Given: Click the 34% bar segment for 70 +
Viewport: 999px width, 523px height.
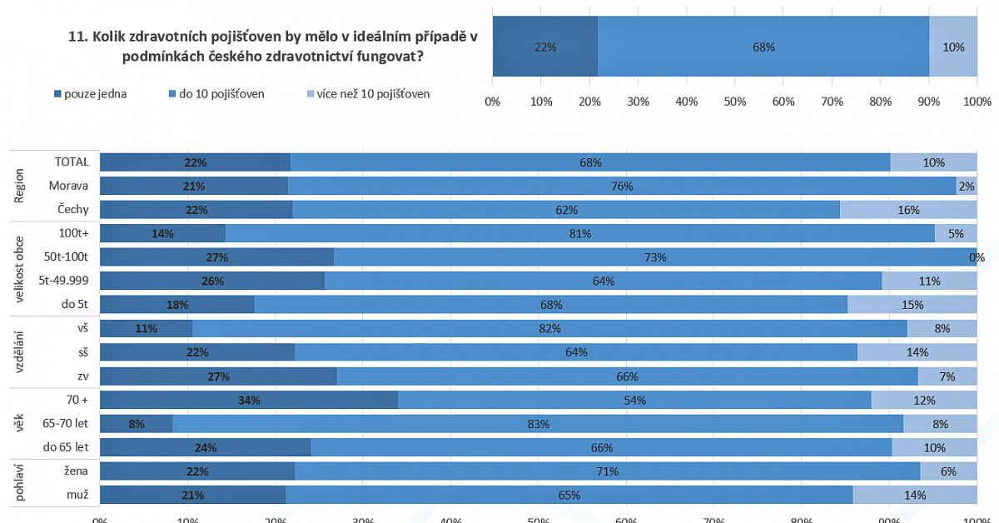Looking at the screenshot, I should click(x=249, y=400).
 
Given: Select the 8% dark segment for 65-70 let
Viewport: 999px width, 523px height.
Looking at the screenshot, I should click(x=137, y=424).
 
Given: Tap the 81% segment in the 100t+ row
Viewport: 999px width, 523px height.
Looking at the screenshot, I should click(x=580, y=233).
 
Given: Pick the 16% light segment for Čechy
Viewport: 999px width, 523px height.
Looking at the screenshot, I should click(x=908, y=210).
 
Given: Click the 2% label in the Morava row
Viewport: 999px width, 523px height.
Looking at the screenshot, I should click(x=967, y=187).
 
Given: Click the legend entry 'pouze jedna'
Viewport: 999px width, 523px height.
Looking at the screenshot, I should click(x=91, y=94).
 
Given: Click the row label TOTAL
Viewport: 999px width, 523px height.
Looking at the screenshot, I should click(x=72, y=162).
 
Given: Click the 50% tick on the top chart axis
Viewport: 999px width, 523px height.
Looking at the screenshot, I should click(x=734, y=102).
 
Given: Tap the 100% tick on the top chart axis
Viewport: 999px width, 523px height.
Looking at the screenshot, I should click(x=977, y=102).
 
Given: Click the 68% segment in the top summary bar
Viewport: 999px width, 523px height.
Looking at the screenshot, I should click(x=763, y=47).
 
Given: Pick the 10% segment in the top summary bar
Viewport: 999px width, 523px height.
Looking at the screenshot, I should click(x=953, y=47).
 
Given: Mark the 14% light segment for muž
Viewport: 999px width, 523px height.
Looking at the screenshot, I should click(x=915, y=495).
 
